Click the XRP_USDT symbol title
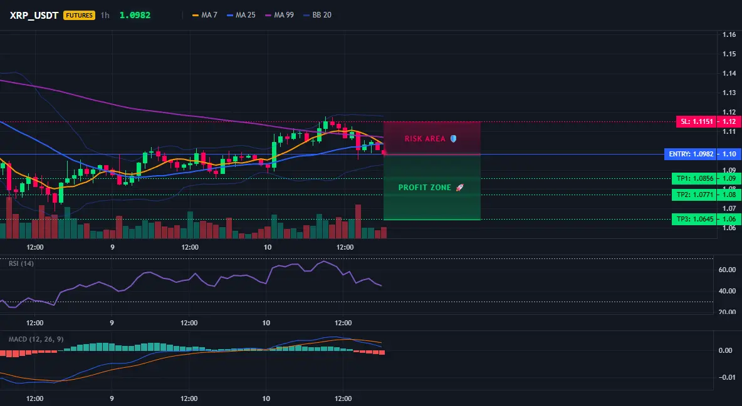point(34,15)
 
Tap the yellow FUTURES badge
point(79,15)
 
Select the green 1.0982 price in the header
point(135,15)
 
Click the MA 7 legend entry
point(204,15)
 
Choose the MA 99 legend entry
point(280,15)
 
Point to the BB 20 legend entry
point(317,15)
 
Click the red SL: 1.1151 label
point(697,121)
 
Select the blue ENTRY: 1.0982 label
point(691,154)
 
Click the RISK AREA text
point(425,138)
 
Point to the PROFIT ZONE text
point(425,188)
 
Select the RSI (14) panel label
point(21,263)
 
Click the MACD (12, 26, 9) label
point(36,339)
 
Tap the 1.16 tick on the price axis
point(729,34)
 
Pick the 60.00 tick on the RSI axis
point(728,270)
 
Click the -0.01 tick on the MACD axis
point(726,377)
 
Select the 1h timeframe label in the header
point(105,15)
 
